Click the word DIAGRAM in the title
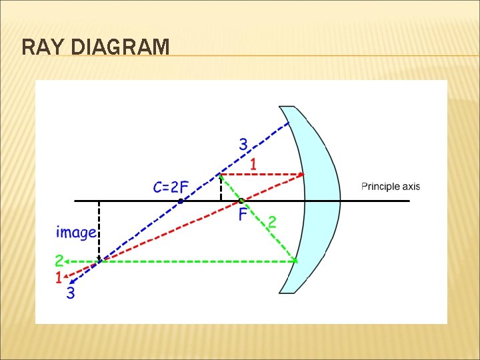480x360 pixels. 119,47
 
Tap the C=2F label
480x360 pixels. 171,187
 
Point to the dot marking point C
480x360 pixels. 181,201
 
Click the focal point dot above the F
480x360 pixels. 241,201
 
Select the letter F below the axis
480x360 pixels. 243,215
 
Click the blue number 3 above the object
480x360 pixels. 243,143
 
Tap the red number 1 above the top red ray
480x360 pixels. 254,163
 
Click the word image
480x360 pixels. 76,233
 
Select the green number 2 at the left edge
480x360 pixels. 59,261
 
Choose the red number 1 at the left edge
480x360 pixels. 59,276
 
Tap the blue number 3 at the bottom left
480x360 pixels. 71,293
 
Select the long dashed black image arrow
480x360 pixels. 99,230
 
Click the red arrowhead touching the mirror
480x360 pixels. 301,175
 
